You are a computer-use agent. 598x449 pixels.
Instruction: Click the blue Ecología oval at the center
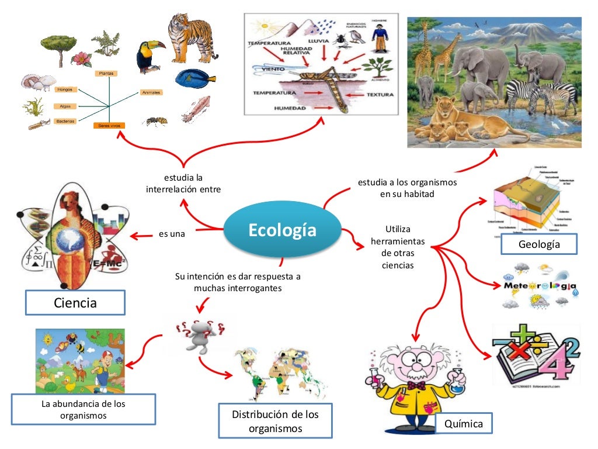[283, 230]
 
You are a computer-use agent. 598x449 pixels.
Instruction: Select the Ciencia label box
[75, 303]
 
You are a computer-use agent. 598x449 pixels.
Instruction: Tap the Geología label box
[538, 244]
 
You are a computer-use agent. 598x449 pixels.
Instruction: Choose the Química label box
[463, 423]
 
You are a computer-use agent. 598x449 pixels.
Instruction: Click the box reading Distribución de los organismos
[275, 421]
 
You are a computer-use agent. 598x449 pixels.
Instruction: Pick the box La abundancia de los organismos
[83, 409]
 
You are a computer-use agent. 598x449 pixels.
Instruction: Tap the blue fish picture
[195, 77]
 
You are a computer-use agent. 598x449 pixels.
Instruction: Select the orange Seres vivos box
[109, 126]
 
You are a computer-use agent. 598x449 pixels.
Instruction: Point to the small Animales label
[151, 92]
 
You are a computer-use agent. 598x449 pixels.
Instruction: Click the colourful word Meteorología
[540, 286]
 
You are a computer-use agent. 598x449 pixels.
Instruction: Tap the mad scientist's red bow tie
[417, 386]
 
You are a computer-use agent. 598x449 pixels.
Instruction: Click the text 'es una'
[172, 234]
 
